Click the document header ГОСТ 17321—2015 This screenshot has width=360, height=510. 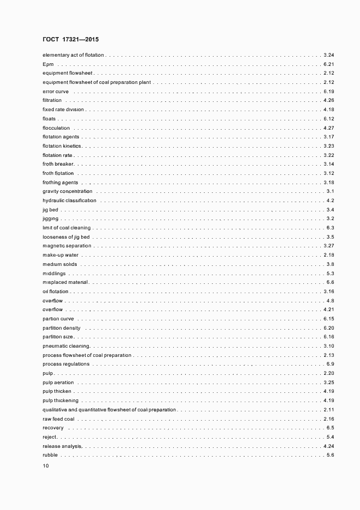pyautogui.click(x=70, y=40)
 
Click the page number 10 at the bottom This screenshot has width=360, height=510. pyautogui.click(x=46, y=466)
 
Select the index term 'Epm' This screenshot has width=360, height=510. pyautogui.click(x=47, y=64)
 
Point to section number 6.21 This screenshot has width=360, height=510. pyautogui.click(x=328, y=64)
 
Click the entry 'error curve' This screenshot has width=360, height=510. pyautogui.click(x=56, y=92)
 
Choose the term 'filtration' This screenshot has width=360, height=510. pyautogui.click(x=52, y=101)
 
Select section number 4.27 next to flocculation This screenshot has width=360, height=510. pyautogui.click(x=328, y=128)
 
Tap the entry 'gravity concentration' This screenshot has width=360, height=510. pyautogui.click(x=68, y=191)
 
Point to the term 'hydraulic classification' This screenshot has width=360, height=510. pyautogui.click(x=69, y=201)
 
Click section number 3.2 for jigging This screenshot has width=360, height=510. pyautogui.click(x=330, y=218)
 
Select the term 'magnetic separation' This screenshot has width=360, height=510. pyautogui.click(x=67, y=246)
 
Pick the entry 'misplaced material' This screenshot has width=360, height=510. pyautogui.click(x=65, y=282)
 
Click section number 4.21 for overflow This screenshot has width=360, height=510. pyautogui.click(x=328, y=309)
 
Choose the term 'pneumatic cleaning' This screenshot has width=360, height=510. pyautogui.click(x=66, y=346)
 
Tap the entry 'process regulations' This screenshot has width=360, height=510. pyautogui.click(x=66, y=364)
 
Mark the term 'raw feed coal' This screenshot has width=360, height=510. pyautogui.click(x=58, y=418)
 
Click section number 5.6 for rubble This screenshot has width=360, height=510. pyautogui.click(x=330, y=455)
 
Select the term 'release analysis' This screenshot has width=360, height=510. pyautogui.click(x=62, y=446)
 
